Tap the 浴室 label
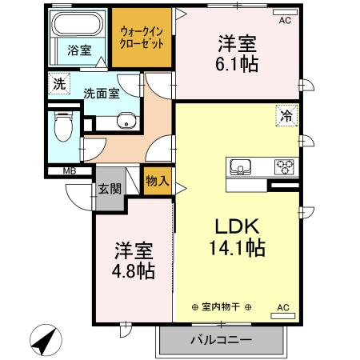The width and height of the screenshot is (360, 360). pyautogui.click(x=78, y=50)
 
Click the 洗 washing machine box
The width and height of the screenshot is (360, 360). pyautogui.click(x=58, y=82)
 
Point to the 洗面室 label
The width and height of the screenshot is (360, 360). pyautogui.click(x=102, y=92)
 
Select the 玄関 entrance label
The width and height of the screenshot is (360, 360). pyautogui.click(x=110, y=190)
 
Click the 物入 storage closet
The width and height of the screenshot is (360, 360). pyautogui.click(x=158, y=181)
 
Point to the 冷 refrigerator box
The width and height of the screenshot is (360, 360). pyautogui.click(x=285, y=114)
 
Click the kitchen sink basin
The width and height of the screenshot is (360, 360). pyautogui.click(x=240, y=167)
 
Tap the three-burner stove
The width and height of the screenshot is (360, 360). pyautogui.click(x=284, y=167)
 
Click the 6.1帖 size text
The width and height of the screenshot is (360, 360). pyautogui.click(x=237, y=64)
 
